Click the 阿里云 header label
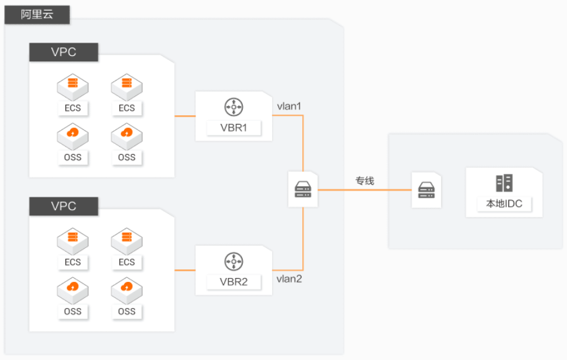(37, 15)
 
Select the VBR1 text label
(233, 128)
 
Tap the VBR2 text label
(233, 282)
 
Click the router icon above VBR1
(233, 107)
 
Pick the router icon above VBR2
(233, 261)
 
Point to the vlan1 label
(289, 106)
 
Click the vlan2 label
(289, 279)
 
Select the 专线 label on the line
(364, 181)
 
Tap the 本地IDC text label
(504, 204)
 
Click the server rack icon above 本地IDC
(504, 183)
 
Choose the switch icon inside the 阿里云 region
(303, 189)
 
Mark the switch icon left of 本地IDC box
(426, 190)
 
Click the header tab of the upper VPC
(63, 52)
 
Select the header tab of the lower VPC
(63, 207)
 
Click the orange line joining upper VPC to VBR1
(185, 116)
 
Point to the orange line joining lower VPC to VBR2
(185, 270)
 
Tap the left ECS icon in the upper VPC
(73, 87)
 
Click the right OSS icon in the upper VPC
(127, 137)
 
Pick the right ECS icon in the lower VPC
(127, 241)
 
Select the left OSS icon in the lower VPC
(73, 291)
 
